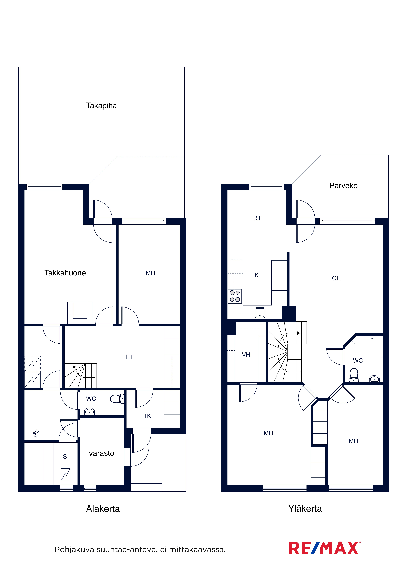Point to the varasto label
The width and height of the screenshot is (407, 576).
tap(102, 453)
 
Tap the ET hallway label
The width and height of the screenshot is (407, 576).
tap(130, 357)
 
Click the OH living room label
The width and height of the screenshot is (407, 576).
tap(336, 278)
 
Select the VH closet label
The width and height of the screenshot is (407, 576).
tap(246, 355)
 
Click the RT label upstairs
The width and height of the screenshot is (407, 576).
tap(257, 218)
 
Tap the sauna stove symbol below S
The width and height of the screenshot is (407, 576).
tap(65, 475)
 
